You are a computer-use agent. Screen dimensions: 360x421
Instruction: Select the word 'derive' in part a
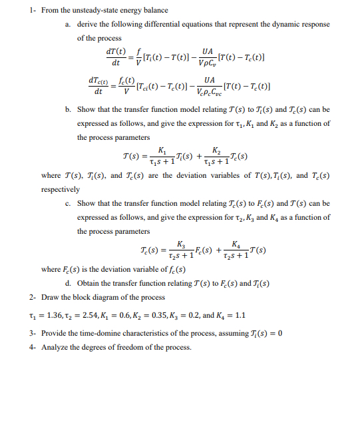pyautogui.click(x=87, y=25)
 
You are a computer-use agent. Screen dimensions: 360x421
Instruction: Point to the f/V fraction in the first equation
pyautogui.click(x=138, y=57)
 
